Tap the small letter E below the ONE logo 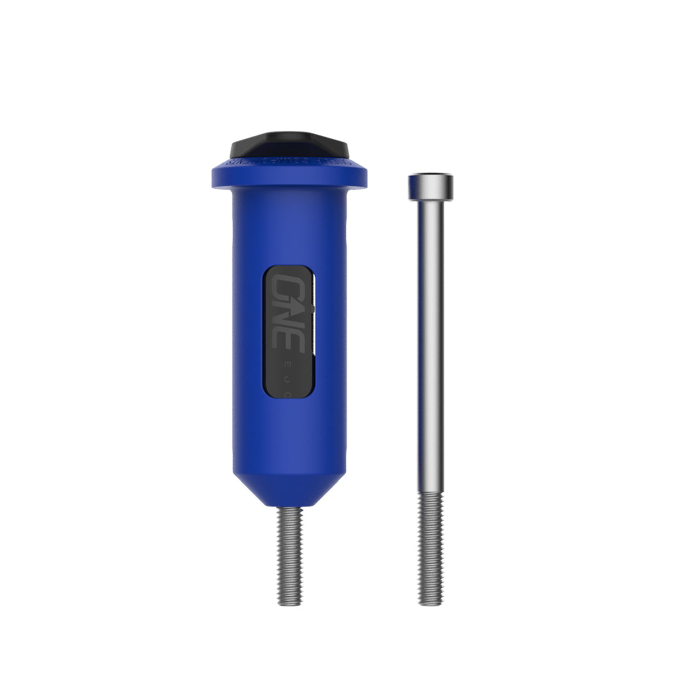point(288,365)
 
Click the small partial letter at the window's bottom point(287,394)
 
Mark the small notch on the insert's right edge point(313,308)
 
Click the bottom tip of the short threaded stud point(291,602)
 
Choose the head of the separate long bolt point(431,186)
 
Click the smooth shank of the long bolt point(431,344)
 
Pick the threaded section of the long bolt point(431,545)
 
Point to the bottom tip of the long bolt point(431,603)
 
